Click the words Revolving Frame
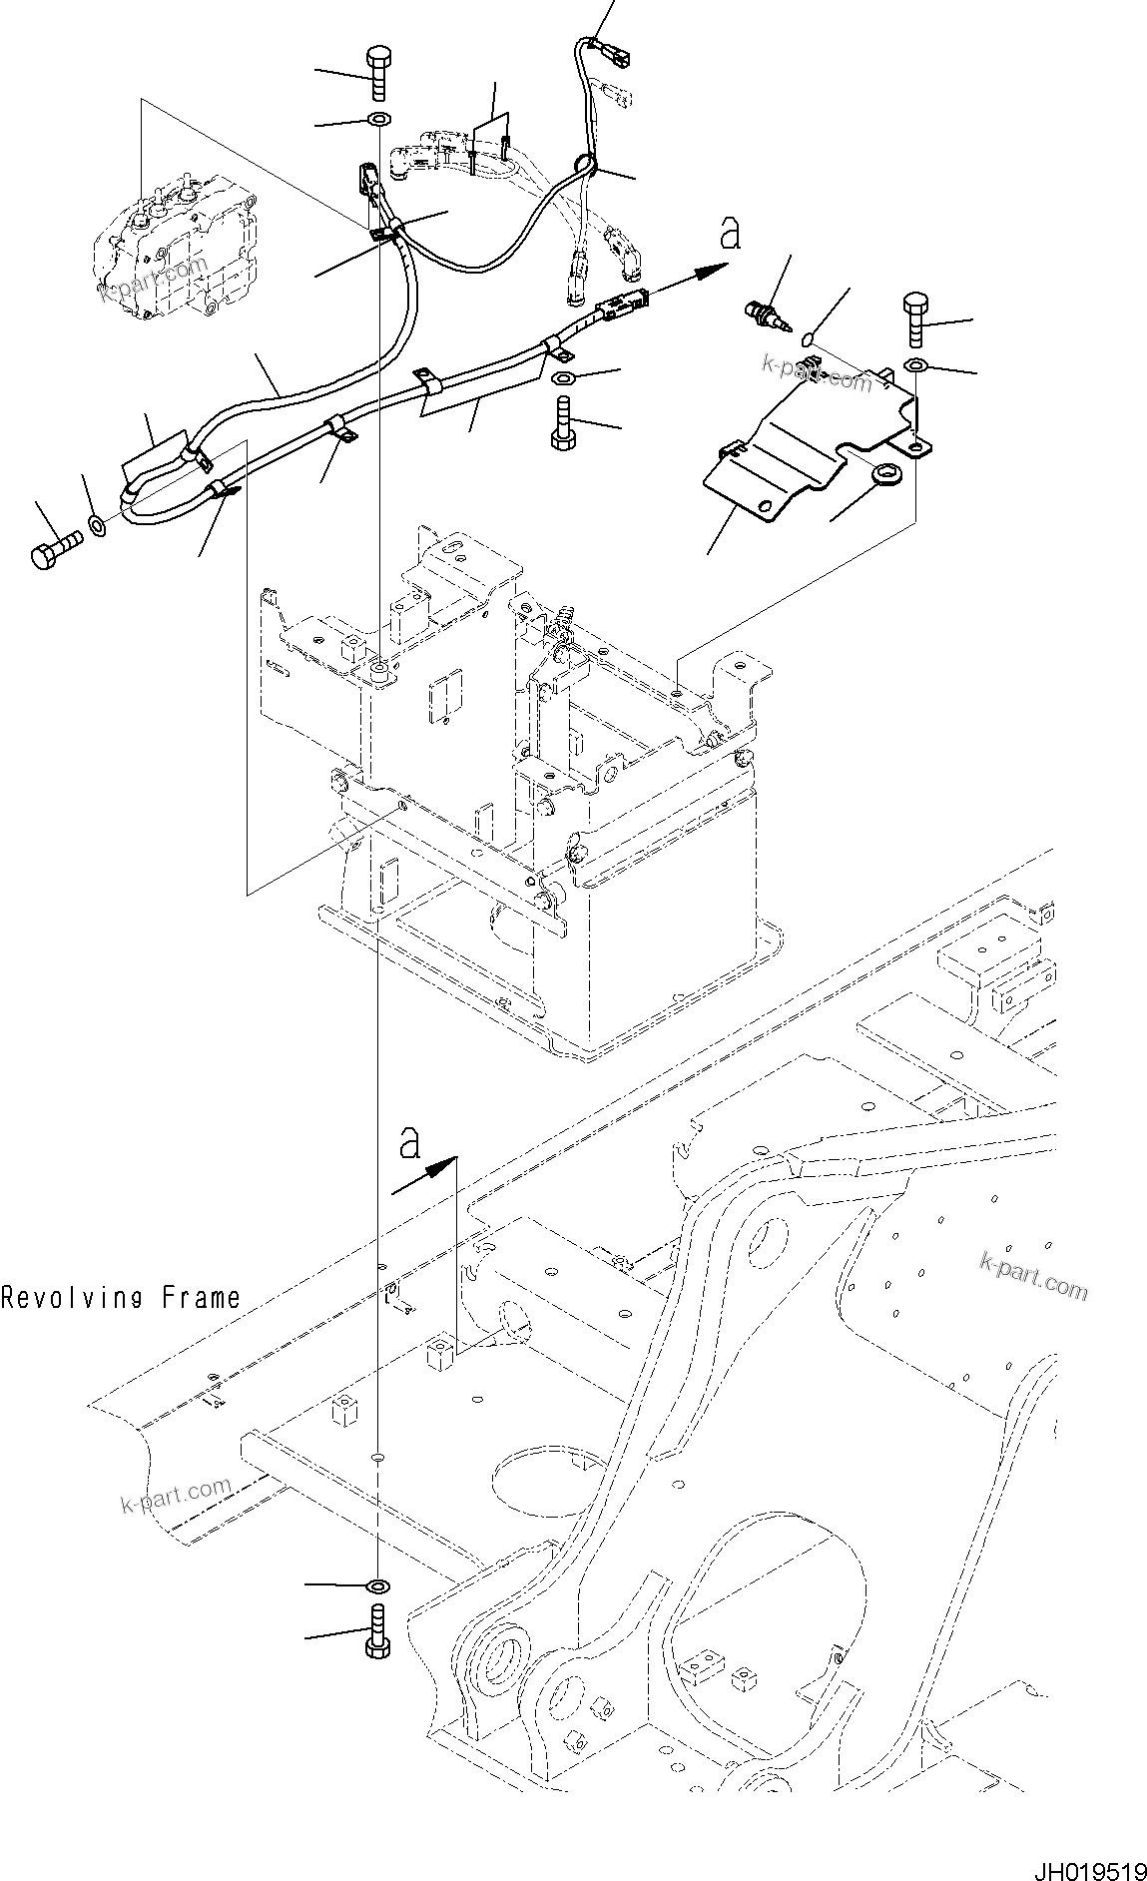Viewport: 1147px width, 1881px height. point(121,1298)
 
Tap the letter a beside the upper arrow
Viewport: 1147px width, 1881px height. point(731,235)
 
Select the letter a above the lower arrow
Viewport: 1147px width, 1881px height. point(409,1143)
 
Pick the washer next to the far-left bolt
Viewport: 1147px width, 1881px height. point(98,523)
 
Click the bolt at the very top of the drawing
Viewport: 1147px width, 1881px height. point(378,73)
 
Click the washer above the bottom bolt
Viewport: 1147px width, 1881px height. point(378,1586)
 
